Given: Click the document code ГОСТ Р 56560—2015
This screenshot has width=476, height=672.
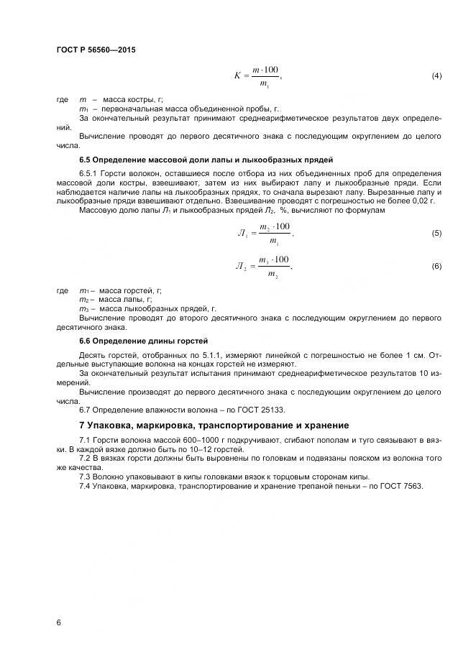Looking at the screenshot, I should [95, 50].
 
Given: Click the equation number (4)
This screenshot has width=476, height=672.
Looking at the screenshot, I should [436, 76].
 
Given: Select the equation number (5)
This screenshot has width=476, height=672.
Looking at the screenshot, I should [436, 234].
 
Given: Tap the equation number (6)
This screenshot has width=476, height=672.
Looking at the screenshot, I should [436, 267].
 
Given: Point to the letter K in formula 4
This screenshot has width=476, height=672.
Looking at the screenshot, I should [237, 75].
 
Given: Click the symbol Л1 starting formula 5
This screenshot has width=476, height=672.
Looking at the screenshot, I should [241, 234].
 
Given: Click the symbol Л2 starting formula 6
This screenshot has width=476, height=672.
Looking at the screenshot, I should [241, 267].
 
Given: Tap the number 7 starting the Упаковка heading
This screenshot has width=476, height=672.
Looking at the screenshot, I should [81, 425].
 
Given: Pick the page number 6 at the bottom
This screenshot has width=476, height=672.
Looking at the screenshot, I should [58, 622].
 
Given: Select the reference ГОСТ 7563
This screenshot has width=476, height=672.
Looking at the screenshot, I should [403, 487].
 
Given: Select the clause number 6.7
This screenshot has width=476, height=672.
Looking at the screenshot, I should [86, 410].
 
